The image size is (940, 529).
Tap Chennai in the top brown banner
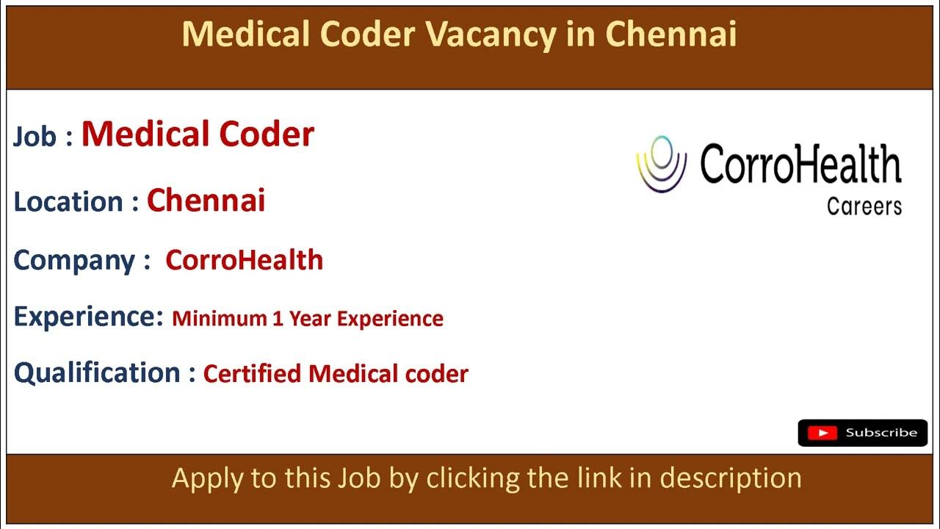pos(671,35)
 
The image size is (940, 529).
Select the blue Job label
pos(35,137)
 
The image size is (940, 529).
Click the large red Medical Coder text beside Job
pos(198,134)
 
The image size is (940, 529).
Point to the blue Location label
pos(69,201)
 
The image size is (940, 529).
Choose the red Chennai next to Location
pos(206,200)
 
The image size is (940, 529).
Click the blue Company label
pos(74,260)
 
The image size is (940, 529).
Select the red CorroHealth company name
pos(244,260)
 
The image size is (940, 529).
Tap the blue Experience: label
pos(88,317)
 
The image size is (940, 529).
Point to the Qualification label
pos(97,373)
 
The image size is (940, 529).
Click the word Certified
pos(253,373)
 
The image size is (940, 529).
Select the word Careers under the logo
pos(864,206)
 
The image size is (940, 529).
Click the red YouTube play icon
pos(822,433)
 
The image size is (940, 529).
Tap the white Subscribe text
pos(881,433)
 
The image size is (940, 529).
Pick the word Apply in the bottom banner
pos(203,479)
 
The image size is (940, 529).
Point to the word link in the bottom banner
pos(605,478)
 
